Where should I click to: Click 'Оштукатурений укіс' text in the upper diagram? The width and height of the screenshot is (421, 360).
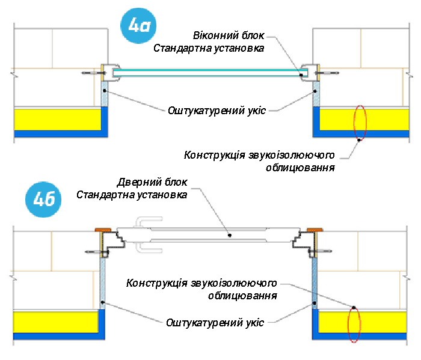pos(217,110)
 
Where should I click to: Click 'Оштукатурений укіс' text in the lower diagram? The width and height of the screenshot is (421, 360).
pos(215,323)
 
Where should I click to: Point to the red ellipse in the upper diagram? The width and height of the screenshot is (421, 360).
pos(360,122)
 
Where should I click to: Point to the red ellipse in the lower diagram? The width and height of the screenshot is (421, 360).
pos(354,325)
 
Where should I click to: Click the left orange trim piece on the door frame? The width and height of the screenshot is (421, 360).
pos(103,230)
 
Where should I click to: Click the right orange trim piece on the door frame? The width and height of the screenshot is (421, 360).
pos(315,230)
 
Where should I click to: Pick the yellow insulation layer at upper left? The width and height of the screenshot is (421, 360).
pos(57,119)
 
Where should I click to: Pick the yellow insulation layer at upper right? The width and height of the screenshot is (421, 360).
pos(363,119)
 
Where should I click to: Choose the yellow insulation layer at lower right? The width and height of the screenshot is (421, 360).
pos(363,322)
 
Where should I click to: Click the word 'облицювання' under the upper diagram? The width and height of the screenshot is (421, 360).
pos(300,168)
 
